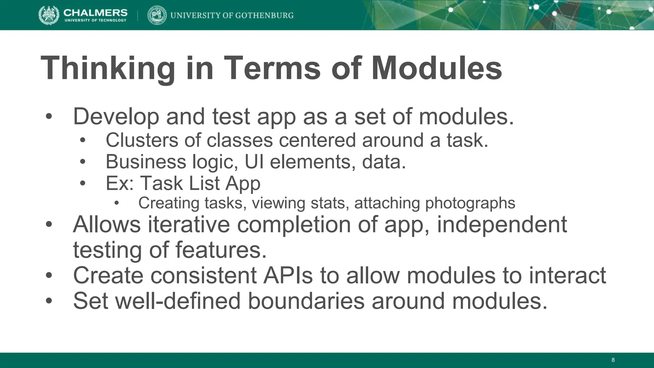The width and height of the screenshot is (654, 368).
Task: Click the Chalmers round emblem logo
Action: tap(49, 15)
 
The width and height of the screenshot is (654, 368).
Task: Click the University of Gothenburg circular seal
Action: tap(157, 15)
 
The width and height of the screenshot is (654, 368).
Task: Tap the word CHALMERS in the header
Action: tap(95, 12)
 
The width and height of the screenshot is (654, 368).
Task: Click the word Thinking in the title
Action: tap(108, 68)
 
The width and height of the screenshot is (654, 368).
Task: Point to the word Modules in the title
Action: tap(437, 68)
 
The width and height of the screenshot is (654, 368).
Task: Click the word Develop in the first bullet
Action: tap(116, 117)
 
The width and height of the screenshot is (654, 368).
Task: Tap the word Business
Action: tap(146, 162)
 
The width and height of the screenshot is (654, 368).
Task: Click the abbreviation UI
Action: tap(254, 162)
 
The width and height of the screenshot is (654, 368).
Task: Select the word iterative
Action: tap(189, 224)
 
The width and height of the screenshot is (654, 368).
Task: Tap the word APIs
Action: tap(288, 275)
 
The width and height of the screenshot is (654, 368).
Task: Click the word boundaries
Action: tap(306, 301)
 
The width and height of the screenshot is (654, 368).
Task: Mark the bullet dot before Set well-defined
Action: tap(49, 301)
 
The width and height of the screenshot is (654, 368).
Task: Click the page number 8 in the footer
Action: tap(613, 360)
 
